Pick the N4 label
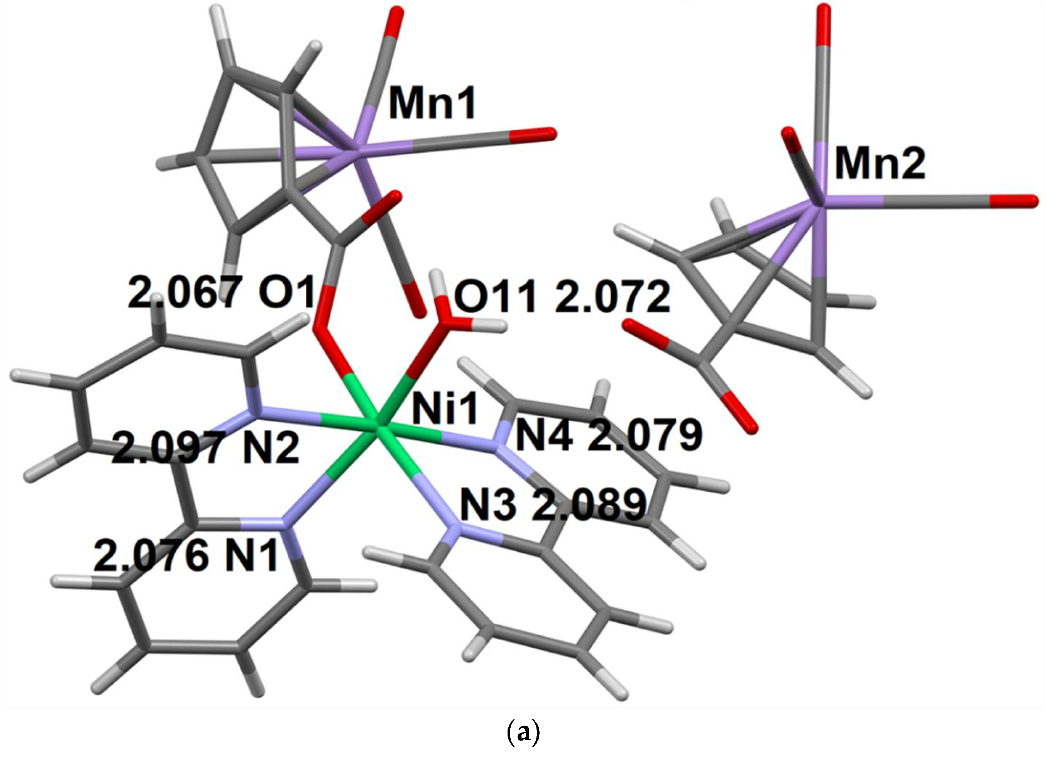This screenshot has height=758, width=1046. coord(544,436)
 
